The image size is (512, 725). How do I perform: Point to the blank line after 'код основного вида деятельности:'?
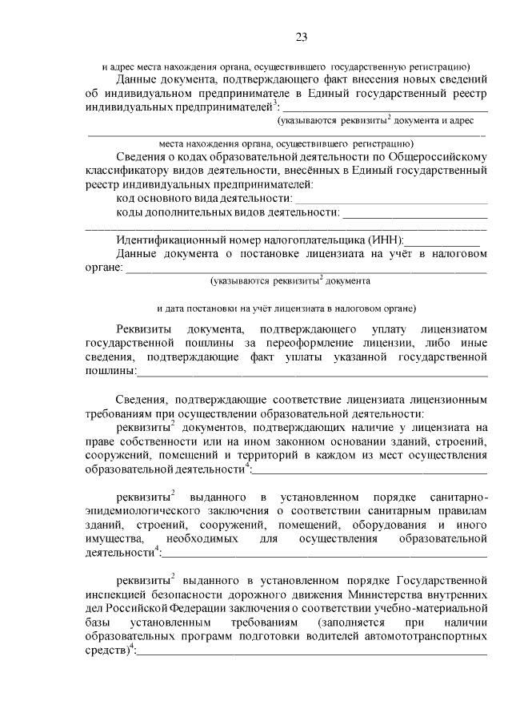pos(390,198)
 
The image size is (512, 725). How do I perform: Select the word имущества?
pos(111,539)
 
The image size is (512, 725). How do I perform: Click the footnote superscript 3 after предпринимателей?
pos(274,100)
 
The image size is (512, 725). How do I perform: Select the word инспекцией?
pos(114,594)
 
